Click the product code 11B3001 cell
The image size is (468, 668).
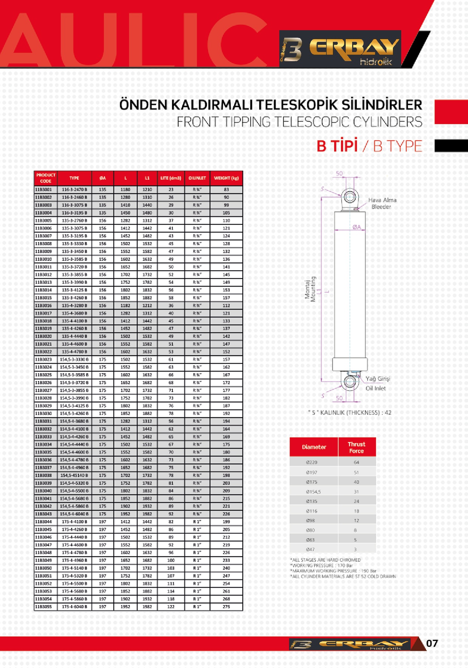coord(43,190)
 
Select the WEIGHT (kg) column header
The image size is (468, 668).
coord(226,178)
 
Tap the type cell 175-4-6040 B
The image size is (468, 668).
coord(74,607)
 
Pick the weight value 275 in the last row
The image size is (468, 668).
coord(226,607)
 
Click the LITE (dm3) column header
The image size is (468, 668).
coord(171,178)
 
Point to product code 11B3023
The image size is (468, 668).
coord(43,359)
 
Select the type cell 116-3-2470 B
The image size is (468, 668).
coord(74,190)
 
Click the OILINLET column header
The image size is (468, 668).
coord(197,178)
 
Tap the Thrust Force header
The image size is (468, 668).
coord(356,447)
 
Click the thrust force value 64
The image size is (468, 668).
coord(356,462)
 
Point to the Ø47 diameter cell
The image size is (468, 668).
coord(310,549)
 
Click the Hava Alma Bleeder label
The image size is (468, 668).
coord(382,203)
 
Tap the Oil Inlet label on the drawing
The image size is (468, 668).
coord(376,388)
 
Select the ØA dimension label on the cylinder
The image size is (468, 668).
coord(357,227)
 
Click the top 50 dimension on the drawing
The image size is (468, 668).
coord(339,173)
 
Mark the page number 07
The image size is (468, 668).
coord(432,643)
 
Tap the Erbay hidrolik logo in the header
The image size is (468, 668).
coord(340,49)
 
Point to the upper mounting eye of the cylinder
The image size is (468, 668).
coord(349,197)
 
